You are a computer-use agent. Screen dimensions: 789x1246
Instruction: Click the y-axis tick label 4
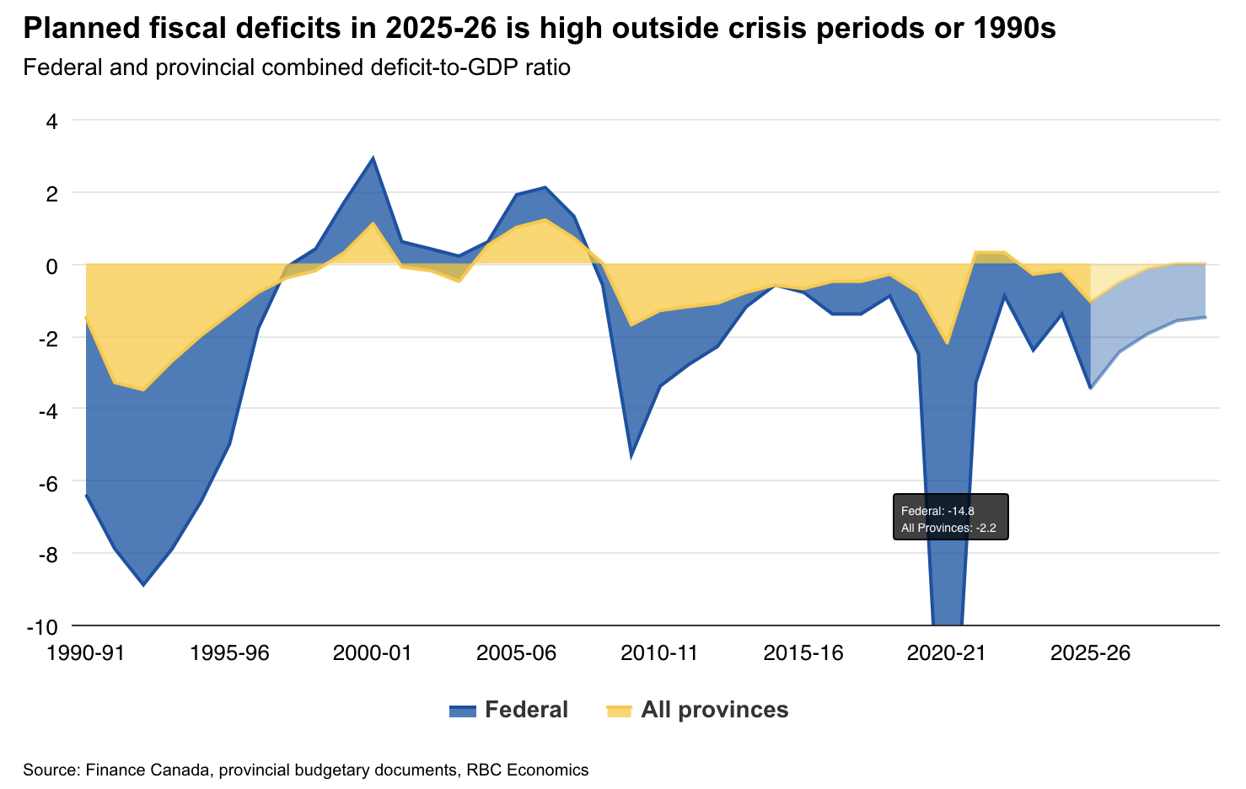pos(51,121)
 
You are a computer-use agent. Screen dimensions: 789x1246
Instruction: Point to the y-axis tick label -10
pos(42,626)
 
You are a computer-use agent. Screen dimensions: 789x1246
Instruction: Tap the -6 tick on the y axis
pos(47,482)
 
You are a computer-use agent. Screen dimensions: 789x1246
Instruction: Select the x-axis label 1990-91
pos(86,653)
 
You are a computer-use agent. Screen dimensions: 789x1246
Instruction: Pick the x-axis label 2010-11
pos(659,653)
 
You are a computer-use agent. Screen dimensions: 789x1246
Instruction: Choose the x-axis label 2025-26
pos(1091,653)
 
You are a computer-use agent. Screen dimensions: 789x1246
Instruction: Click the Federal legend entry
pos(508,710)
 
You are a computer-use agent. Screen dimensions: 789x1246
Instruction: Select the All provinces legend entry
pos(697,710)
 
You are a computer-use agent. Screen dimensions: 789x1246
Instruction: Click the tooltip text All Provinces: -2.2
pos(948,529)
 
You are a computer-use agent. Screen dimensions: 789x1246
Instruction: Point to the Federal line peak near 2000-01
pos(373,158)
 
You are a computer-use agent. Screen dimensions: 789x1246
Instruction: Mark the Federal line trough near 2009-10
pos(631,457)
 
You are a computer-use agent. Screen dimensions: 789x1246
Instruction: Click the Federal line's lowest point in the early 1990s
pos(143,584)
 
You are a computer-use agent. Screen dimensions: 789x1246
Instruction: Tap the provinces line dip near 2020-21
pos(948,344)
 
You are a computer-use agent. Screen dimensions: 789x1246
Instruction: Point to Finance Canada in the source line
pos(135,770)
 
